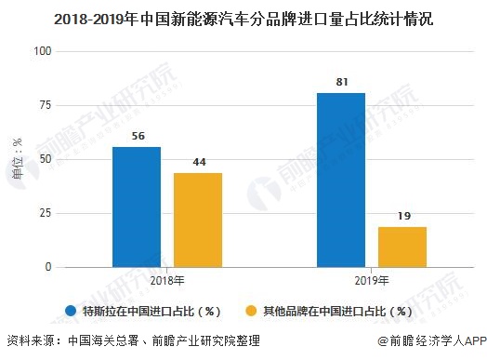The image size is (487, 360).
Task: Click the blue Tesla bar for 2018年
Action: point(137,207)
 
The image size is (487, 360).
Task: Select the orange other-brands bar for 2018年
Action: point(197,220)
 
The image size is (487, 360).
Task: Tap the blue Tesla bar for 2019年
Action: point(341,180)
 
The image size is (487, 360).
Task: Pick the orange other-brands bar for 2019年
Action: point(401,247)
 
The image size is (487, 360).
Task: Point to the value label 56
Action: point(137,137)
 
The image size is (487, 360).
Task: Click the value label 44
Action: point(197,163)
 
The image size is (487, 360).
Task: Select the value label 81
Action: point(341,83)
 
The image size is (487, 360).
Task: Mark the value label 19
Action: point(401,217)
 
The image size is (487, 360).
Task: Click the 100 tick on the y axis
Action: point(40,51)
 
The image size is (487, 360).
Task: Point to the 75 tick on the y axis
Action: point(43,105)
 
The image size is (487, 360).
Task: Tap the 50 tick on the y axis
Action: point(43,159)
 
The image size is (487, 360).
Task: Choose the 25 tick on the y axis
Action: point(43,213)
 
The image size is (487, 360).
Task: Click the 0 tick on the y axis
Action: point(46,267)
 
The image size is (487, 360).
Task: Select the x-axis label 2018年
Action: point(166,280)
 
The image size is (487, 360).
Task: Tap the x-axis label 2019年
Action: point(372,280)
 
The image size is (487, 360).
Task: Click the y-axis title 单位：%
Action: point(16,159)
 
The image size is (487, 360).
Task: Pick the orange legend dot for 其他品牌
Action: point(250,312)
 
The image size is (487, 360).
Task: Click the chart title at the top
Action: point(243,16)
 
